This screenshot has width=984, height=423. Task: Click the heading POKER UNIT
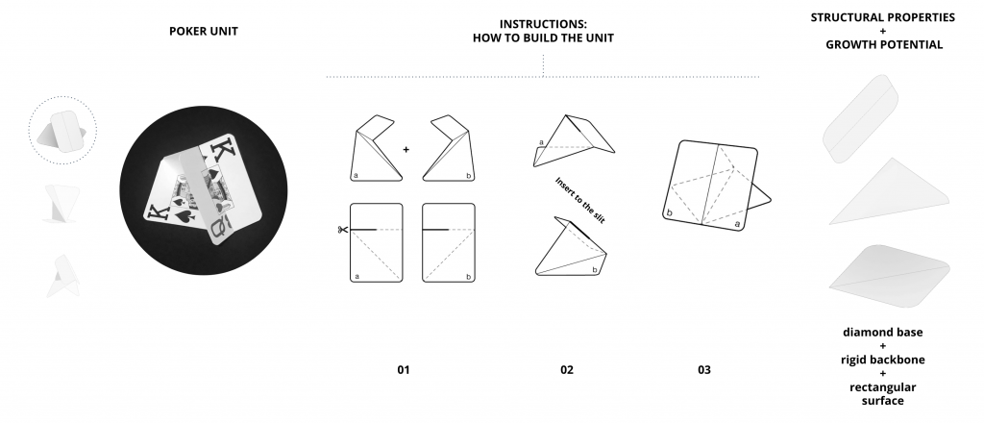click(x=204, y=32)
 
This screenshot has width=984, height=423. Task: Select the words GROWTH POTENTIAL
click(x=883, y=44)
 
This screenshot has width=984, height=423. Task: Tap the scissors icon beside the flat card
click(x=341, y=229)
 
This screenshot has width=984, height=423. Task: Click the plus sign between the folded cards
click(x=406, y=149)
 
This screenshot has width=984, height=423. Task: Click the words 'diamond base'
click(x=883, y=333)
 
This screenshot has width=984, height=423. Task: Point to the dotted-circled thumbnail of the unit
click(x=61, y=132)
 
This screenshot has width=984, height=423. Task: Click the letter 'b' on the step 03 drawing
click(x=669, y=210)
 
